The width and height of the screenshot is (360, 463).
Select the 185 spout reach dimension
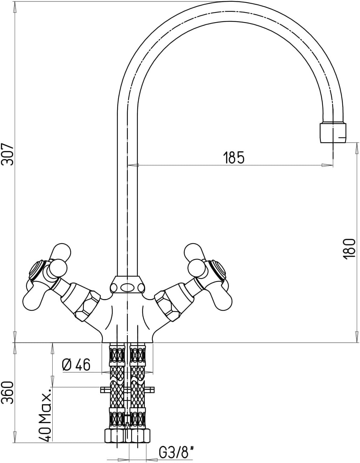pos(234,157)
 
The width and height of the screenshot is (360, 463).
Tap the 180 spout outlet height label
pos(349,249)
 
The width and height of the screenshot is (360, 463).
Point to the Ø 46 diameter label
pos(76,365)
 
